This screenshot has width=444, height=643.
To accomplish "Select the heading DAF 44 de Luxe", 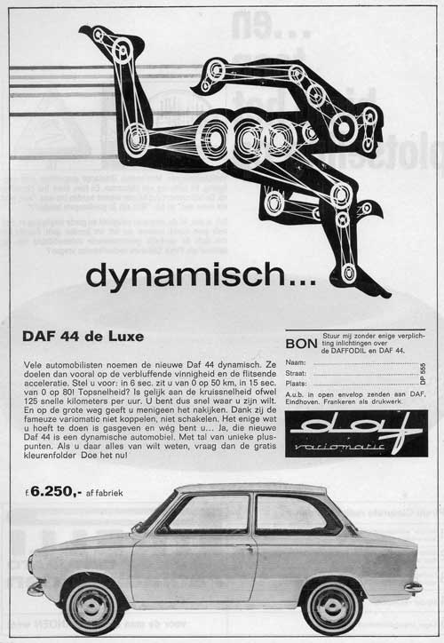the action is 83,337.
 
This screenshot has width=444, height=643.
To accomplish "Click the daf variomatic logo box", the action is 356,433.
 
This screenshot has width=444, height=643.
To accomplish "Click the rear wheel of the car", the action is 332,604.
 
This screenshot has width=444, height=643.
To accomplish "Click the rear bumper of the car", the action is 412,587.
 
